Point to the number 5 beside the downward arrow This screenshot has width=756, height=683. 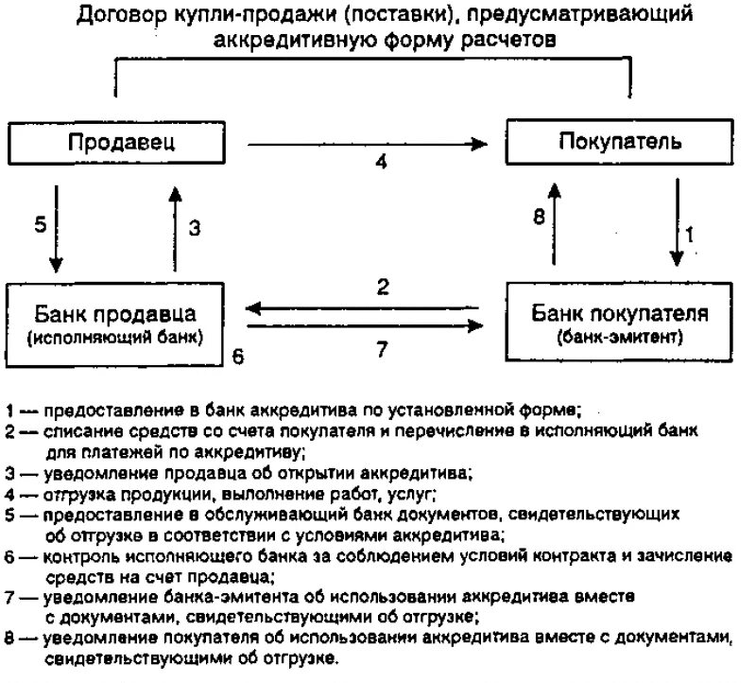39,226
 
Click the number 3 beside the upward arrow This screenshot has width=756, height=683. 194,227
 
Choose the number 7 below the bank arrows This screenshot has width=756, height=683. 382,349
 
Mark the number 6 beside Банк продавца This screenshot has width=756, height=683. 238,356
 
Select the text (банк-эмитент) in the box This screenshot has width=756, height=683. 620,336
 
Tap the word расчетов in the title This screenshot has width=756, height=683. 515,40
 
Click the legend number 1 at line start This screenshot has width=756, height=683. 9,412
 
